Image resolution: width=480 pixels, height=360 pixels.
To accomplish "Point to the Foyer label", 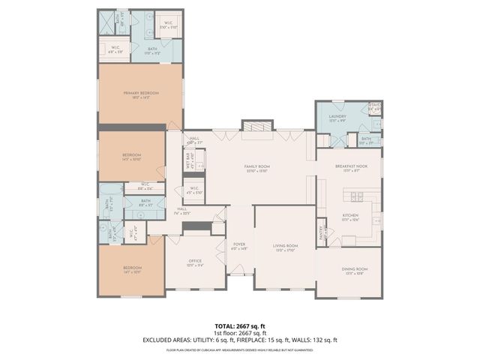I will [239, 244].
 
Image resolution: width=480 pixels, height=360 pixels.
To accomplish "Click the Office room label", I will [195, 261].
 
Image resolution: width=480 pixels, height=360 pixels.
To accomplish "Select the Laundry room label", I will [336, 116].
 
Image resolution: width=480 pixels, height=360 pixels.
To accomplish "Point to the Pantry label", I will [322, 232].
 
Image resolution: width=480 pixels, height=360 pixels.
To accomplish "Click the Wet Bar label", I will [190, 160].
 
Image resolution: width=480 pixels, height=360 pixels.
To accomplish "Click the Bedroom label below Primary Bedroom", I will [131, 154].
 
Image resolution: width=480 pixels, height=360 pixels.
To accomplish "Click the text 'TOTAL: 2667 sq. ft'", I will [239, 326].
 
